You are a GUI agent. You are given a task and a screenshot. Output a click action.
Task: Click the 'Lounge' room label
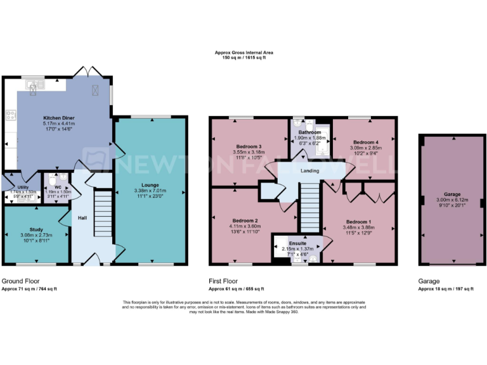[x=150, y=185]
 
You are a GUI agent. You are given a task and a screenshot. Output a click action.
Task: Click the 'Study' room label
[x=36, y=229]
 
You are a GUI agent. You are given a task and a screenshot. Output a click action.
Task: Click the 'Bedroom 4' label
[x=365, y=142]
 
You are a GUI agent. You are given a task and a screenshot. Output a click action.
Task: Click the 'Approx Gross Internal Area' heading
[x=243, y=54]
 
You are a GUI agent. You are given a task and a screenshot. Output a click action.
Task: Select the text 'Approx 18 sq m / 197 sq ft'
[x=445, y=288]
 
